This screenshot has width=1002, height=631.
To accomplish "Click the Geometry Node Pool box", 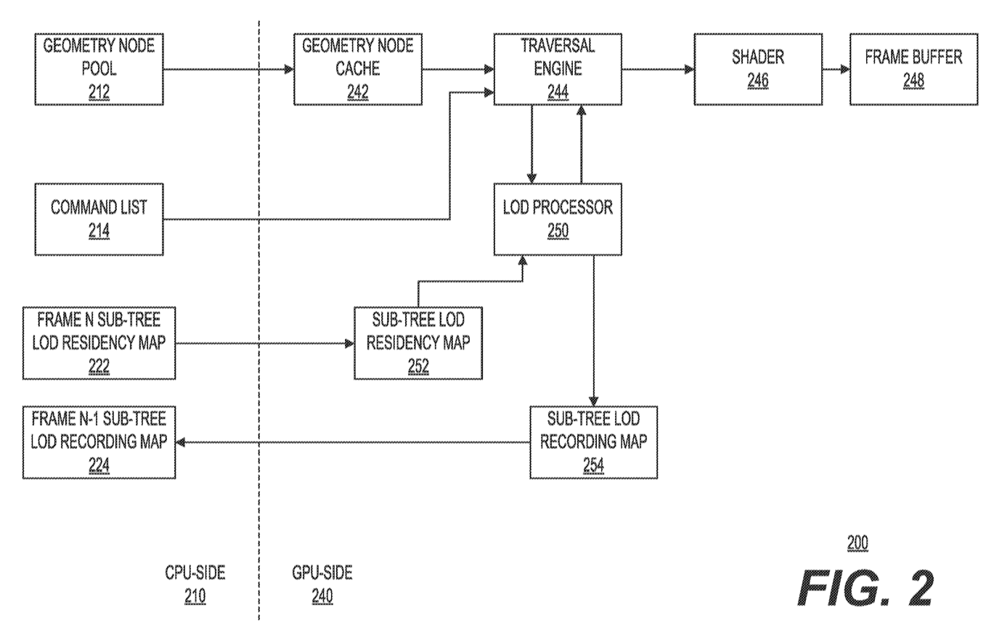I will (99, 69).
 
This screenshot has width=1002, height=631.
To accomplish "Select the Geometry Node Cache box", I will (357, 69).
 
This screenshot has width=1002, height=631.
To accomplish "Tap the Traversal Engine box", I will (558, 69).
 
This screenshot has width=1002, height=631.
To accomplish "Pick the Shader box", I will (757, 69).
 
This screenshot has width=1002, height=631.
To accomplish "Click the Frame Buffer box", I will (913, 69).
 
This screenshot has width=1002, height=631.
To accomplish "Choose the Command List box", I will (99, 218).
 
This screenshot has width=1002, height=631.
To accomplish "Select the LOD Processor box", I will (558, 218).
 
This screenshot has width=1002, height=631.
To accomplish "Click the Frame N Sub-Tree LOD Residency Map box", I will (99, 343).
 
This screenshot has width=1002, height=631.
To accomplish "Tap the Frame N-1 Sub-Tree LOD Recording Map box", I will (99, 442).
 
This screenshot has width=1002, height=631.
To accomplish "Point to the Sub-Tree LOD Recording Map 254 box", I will (593, 442).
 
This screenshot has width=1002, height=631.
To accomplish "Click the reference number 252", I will (418, 367).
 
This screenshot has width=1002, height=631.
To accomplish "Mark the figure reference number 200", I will (858, 543).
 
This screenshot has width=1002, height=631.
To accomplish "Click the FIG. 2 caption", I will (865, 587).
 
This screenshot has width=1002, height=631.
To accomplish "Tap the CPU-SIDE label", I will (195, 573).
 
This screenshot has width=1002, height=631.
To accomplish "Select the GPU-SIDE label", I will (322, 573).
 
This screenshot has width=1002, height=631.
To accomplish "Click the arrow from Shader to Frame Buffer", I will (835, 69).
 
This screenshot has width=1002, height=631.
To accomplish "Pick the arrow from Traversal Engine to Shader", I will (657, 69).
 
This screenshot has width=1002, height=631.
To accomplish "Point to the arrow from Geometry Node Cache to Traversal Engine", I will (457, 69).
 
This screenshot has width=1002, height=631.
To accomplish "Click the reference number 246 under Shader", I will (757, 81).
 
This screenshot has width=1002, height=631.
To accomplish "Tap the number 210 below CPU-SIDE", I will (195, 596).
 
